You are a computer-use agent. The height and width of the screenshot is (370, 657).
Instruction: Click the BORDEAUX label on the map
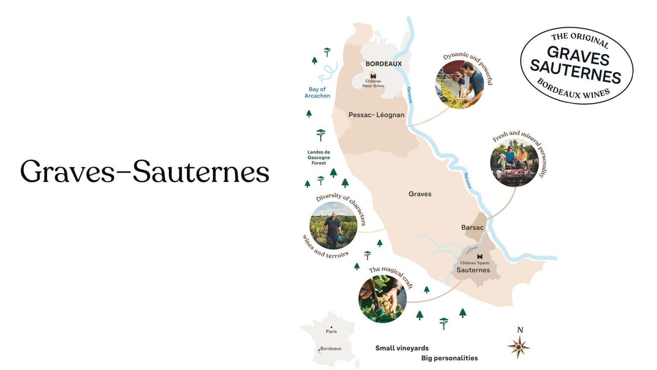pos(383,64)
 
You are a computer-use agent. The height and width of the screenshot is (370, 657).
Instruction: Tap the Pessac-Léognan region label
pos(376,115)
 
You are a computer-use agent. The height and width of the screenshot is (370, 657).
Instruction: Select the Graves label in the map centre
pos(420,194)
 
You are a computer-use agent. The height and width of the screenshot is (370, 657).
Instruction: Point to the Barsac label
pos(472,227)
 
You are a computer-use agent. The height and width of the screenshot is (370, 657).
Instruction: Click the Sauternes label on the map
pos(473,270)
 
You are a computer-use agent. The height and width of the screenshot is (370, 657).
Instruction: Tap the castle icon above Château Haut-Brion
pos(373,76)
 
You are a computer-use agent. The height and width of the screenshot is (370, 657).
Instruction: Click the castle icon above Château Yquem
pos(480,257)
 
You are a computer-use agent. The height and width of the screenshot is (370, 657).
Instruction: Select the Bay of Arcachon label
pos(317,92)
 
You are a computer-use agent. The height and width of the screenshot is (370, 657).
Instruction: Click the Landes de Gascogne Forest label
pos(319,157)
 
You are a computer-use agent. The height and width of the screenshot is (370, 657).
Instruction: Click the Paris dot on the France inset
pos(331,327)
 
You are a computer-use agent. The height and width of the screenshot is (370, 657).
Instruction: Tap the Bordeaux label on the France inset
pos(331,349)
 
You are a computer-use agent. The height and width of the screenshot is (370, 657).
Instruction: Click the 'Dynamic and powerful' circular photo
pos(460,85)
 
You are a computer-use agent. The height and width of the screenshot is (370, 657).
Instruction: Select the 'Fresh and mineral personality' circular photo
pos(514,163)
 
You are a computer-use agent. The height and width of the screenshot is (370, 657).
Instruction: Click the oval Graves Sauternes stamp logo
pos(576,65)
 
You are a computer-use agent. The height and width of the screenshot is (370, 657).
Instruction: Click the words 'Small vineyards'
pos(402,348)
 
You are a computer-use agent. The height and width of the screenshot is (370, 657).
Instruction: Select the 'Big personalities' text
pos(449,358)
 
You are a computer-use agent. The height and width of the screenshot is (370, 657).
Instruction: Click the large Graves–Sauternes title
pos(145,172)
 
